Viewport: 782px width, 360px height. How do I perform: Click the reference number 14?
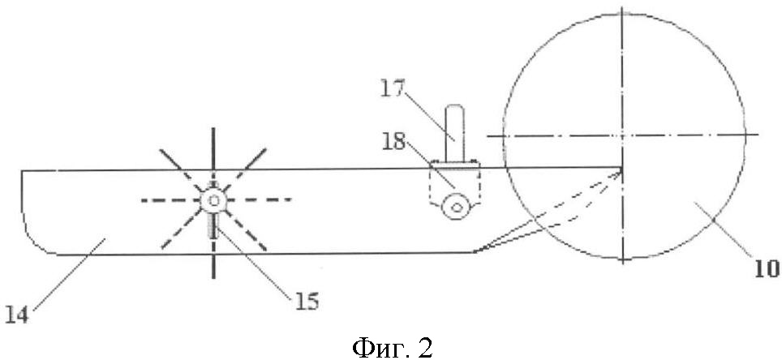pyautogui.click(x=18, y=315)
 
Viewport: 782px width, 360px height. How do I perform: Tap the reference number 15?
pyautogui.click(x=306, y=302)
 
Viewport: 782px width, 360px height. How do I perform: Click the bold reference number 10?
pyautogui.click(x=767, y=270)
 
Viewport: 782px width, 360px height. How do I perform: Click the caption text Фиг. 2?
pyautogui.click(x=393, y=345)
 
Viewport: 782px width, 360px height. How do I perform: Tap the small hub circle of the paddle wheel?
pyautogui.click(x=213, y=201)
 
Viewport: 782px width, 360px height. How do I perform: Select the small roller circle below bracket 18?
pyautogui.click(x=455, y=208)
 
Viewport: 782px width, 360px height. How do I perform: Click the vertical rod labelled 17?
pyautogui.click(x=455, y=133)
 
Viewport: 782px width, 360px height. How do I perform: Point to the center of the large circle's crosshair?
pyautogui.click(x=622, y=135)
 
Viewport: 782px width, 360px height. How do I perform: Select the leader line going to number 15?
pyautogui.click(x=255, y=262)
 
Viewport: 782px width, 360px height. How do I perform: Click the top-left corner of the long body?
pyautogui.click(x=21, y=171)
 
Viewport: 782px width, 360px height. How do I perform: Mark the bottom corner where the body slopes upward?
pyautogui.click(x=473, y=252)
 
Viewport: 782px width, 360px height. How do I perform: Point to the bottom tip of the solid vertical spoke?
pyautogui.click(x=213, y=277)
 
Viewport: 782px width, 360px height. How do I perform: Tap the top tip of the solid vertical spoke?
pyautogui.click(x=213, y=128)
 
